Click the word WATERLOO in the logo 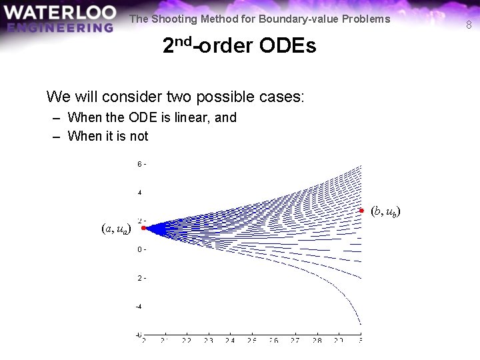coord(59,13)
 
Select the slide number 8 coord(469,25)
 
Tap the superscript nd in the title coord(185,41)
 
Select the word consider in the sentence coord(128,97)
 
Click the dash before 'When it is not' coord(57,137)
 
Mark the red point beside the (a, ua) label coord(143,228)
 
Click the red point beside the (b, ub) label coord(361,211)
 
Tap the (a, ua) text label coord(116,229)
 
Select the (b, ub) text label coord(385,212)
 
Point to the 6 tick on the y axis coord(139,164)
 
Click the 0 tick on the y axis coord(139,249)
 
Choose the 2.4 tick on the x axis coord(230,340)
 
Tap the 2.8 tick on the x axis coord(317,340)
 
